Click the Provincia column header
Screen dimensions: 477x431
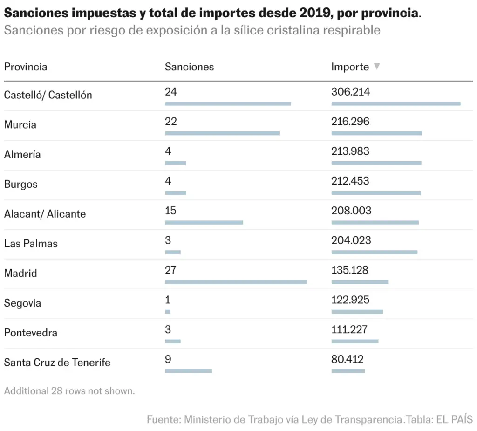pyautogui.click(x=26, y=67)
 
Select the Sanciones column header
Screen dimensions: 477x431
pyautogui.click(x=189, y=67)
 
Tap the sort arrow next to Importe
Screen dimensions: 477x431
pyautogui.click(x=376, y=66)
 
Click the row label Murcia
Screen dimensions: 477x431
pyautogui.click(x=20, y=125)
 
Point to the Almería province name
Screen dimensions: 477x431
pyautogui.click(x=22, y=154)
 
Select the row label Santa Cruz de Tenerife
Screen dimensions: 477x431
pyautogui.click(x=57, y=363)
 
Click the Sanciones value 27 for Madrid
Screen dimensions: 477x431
pyautogui.click(x=170, y=270)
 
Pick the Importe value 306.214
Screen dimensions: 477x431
pyautogui.click(x=350, y=92)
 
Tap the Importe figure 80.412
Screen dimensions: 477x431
pyautogui.click(x=348, y=359)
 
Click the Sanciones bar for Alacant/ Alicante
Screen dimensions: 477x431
pyautogui.click(x=204, y=223)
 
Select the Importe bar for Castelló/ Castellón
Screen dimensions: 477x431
pyautogui.click(x=396, y=104)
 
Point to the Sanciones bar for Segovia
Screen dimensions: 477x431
pyautogui.click(x=168, y=312)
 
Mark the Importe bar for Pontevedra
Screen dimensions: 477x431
pyautogui.click(x=354, y=342)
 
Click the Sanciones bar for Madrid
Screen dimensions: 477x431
pyautogui.click(x=235, y=282)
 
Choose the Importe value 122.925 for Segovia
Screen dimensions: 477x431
pyautogui.click(x=350, y=300)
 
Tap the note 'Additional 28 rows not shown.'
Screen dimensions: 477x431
pyautogui.click(x=69, y=391)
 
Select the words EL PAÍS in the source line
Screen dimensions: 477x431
pyautogui.click(x=455, y=419)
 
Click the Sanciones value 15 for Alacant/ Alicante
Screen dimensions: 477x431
pyautogui.click(x=170, y=211)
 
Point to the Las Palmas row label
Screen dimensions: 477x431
pyautogui.click(x=31, y=244)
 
